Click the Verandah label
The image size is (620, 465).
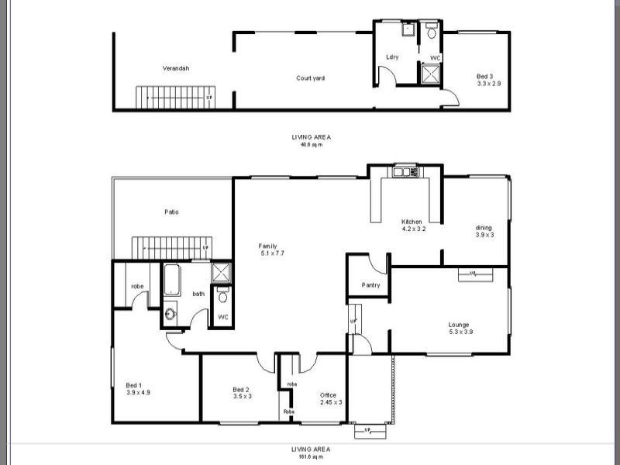click(x=176, y=68)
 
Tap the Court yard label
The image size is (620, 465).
click(x=310, y=77)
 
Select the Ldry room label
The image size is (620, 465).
click(x=392, y=57)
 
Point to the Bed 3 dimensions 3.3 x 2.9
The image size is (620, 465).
click(x=489, y=82)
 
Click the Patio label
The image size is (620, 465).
click(x=172, y=212)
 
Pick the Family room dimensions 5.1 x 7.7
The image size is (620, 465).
click(x=273, y=253)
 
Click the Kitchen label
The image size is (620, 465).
click(x=412, y=222)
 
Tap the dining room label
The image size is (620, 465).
click(x=484, y=234)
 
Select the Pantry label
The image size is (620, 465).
click(x=370, y=286)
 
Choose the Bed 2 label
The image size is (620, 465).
click(x=241, y=390)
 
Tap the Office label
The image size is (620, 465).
click(x=329, y=395)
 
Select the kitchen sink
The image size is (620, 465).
click(x=405, y=171)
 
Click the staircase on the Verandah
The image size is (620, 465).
click(x=175, y=98)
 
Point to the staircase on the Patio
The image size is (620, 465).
click(x=170, y=248)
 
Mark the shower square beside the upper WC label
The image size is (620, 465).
click(x=430, y=73)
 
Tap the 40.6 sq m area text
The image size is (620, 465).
click(x=311, y=143)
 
